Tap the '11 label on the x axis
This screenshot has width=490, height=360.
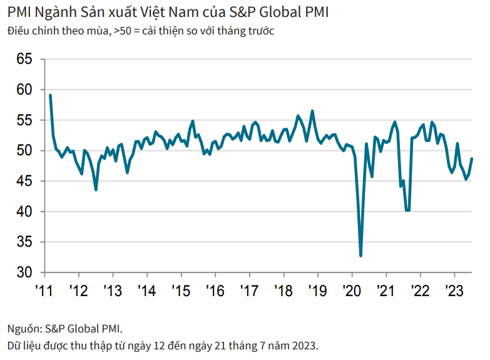click(44, 291)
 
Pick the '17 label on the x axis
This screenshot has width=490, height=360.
click(248, 291)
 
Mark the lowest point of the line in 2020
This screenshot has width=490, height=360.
click(360, 255)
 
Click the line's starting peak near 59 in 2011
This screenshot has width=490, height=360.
click(50, 95)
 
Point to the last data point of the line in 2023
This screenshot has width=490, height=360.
click(472, 158)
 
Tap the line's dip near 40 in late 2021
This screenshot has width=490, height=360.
click(407, 210)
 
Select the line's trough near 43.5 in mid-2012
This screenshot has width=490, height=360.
click(96, 190)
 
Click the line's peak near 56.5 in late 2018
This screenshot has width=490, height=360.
click(312, 111)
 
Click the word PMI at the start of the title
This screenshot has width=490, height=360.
click(19, 13)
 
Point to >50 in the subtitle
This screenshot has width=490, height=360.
click(123, 31)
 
